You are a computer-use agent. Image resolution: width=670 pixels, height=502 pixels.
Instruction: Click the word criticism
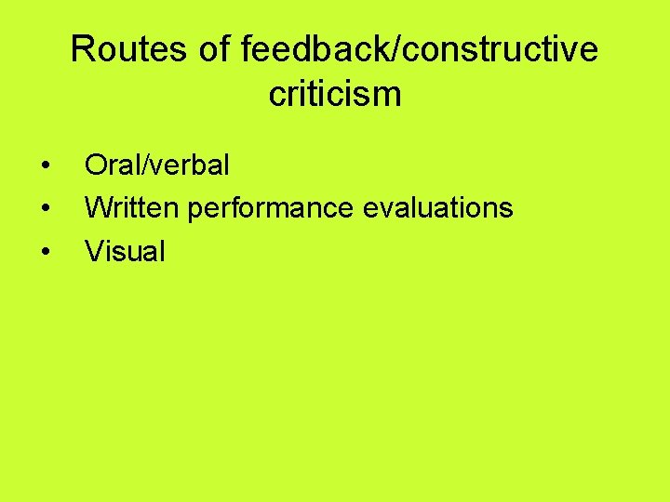click(x=335, y=94)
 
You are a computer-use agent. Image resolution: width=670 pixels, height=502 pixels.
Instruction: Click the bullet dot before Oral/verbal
click(x=46, y=166)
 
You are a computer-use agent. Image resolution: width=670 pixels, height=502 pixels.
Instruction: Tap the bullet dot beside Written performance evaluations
click(x=46, y=208)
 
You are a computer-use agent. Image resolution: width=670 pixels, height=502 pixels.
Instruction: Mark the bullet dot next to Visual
click(x=46, y=251)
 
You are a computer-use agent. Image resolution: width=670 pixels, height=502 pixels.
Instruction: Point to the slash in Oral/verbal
click(x=140, y=165)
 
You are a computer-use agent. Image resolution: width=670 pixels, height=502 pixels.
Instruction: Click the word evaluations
click(x=437, y=207)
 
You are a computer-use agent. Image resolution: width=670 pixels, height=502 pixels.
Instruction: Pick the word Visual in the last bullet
click(x=125, y=250)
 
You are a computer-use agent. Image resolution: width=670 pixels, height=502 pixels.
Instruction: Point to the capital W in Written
click(x=98, y=207)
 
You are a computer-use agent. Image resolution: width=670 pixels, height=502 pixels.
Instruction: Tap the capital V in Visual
click(x=94, y=250)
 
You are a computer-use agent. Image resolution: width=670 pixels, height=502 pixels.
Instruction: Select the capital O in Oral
click(x=96, y=165)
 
